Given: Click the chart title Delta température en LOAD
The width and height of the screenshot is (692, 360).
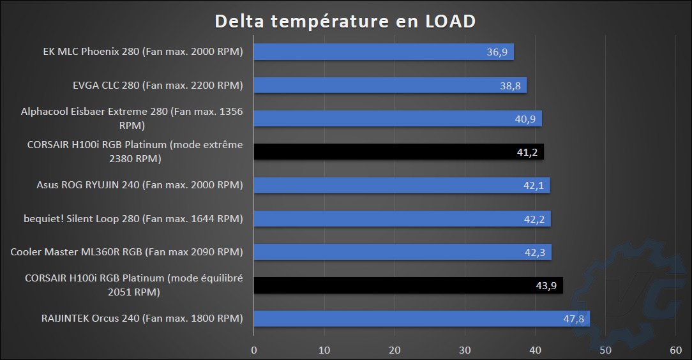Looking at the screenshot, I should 345,21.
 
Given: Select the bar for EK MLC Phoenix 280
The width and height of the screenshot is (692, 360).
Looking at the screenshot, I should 383,52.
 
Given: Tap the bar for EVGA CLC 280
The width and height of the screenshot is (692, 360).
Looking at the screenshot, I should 389,85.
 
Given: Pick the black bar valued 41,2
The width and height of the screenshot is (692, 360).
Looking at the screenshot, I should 398,152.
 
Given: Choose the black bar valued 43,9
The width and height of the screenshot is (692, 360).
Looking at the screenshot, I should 408,285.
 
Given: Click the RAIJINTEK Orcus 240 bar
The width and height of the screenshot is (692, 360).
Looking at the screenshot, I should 421,319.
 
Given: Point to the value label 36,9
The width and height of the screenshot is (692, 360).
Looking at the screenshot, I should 497,52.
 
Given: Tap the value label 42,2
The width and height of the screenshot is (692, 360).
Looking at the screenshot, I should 535,219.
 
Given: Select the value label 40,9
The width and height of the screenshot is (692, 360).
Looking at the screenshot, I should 526,119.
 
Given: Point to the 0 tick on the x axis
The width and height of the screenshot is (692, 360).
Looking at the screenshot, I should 254,349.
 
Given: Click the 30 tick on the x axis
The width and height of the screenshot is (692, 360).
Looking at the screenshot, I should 465,349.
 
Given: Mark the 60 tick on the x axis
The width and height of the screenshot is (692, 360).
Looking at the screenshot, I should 675,349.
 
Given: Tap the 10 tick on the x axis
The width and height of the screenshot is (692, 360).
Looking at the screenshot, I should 324,349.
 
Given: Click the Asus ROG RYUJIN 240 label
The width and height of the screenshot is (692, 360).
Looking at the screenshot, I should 140,185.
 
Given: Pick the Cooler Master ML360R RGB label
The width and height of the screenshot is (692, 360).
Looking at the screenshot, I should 127,252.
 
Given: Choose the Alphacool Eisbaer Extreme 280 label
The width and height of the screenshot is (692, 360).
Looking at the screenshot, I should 132,119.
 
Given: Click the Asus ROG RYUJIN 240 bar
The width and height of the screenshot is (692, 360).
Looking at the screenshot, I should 402,185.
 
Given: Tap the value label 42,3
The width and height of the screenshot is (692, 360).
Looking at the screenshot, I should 536,252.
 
